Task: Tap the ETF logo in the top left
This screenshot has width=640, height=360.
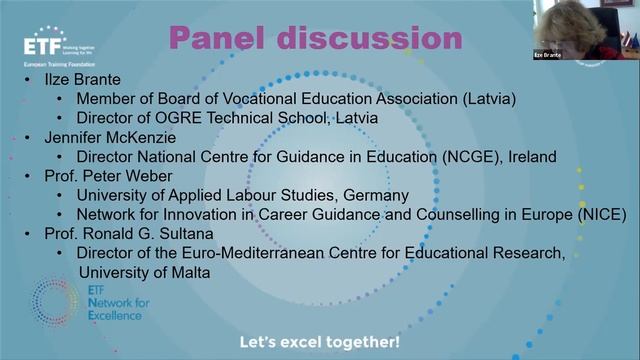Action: coord(49,46)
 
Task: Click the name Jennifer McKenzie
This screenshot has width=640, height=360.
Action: coord(94,137)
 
